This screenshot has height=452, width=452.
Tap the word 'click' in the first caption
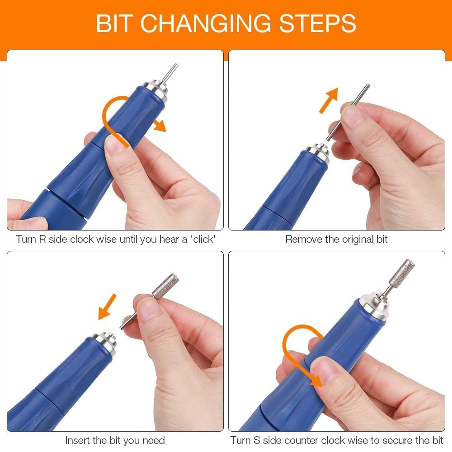coord(203,239)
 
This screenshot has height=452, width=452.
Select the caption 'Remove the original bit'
coord(336,239)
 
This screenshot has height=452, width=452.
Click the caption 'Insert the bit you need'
coord(115,440)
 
